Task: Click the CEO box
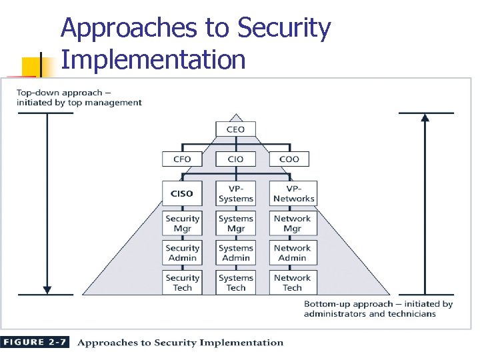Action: [x=235, y=129]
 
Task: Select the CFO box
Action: [x=182, y=159]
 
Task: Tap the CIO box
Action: [x=235, y=159]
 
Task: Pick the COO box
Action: [x=289, y=159]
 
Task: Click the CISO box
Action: [x=182, y=193]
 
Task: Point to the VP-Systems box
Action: [x=235, y=193]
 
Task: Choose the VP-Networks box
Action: [x=293, y=193]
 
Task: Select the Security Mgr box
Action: [x=182, y=223]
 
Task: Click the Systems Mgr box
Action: [x=235, y=223]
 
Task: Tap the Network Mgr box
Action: [x=293, y=223]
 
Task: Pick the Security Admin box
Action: [x=182, y=253]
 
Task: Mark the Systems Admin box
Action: [x=235, y=253]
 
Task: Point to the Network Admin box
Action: [x=293, y=253]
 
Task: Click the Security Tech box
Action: [x=182, y=283]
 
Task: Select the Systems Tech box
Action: [x=235, y=283]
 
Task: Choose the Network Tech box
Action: [x=293, y=283]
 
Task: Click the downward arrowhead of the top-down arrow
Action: [x=47, y=290]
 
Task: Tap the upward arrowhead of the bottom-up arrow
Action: [x=425, y=117]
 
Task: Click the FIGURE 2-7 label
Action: [x=35, y=343]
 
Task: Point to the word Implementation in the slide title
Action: [x=153, y=59]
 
